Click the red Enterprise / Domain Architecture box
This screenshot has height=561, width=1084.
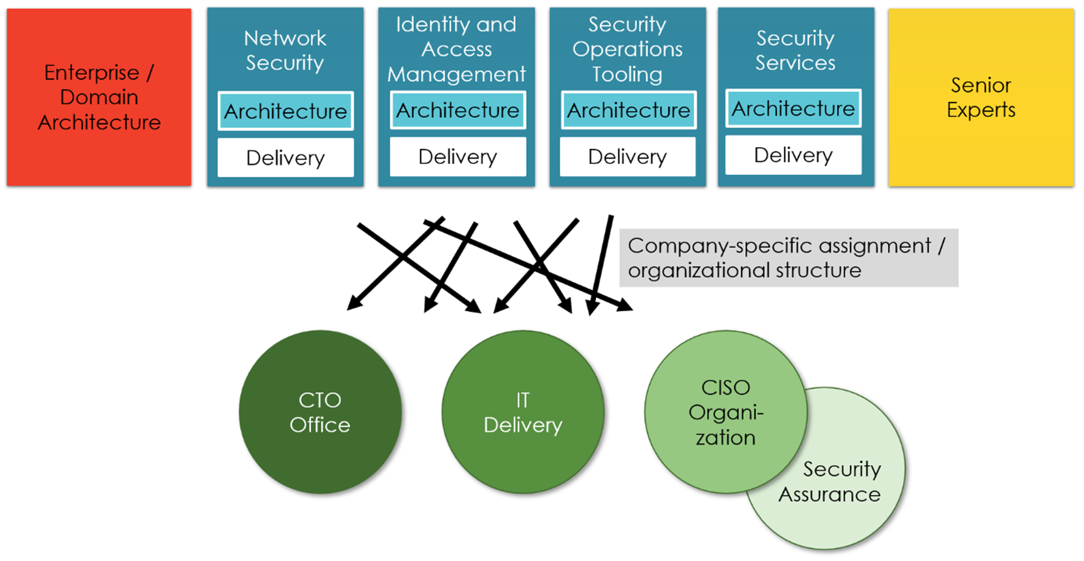pyautogui.click(x=99, y=97)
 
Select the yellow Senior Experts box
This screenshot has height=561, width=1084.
pyautogui.click(x=981, y=97)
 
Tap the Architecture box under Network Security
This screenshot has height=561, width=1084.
pyautogui.click(x=286, y=111)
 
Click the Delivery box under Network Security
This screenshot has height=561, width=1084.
pyautogui.click(x=286, y=157)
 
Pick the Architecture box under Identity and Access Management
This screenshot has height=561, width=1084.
pyautogui.click(x=458, y=110)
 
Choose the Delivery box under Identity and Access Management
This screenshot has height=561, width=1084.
pyautogui.click(x=458, y=157)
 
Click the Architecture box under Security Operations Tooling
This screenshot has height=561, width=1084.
pyautogui.click(x=628, y=110)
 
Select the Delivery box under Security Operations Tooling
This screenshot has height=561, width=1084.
pyautogui.click(x=628, y=157)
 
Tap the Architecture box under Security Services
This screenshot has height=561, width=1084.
pyautogui.click(x=793, y=109)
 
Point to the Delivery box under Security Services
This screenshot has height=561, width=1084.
pyautogui.click(x=793, y=155)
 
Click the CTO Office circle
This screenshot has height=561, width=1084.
pyautogui.click(x=320, y=412)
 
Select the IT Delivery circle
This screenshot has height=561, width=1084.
pyautogui.click(x=523, y=412)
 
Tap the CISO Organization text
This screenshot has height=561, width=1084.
pyautogui.click(x=725, y=412)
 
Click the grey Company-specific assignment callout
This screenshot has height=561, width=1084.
pyautogui.click(x=788, y=258)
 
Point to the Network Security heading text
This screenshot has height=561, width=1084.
pyautogui.click(x=285, y=50)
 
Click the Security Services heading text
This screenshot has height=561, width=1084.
pyautogui.click(x=795, y=50)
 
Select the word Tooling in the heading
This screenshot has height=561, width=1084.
pyautogui.click(x=627, y=74)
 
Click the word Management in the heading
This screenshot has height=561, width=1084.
pyautogui.click(x=456, y=74)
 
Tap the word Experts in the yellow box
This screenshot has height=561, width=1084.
pyautogui.click(x=981, y=110)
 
